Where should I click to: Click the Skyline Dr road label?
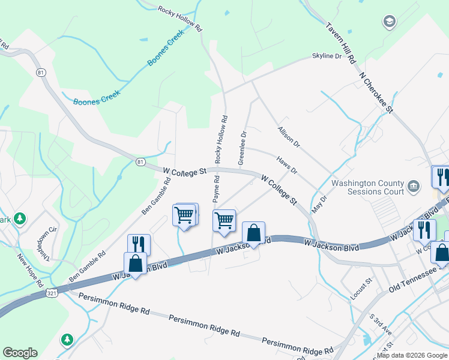pos(327,56)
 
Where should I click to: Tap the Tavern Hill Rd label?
pos(341,43)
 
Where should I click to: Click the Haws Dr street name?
pos(287,165)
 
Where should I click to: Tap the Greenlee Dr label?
pos(243,148)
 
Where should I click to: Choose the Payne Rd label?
pos(215,188)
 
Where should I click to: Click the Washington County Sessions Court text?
pos(367,187)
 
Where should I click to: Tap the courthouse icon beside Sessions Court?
pos(413,186)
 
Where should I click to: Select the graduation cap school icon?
pos(389,23)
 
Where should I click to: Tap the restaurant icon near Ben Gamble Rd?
pos(139,244)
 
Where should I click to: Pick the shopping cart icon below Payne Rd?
pos(224,220)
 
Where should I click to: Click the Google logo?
pos(20,353)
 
